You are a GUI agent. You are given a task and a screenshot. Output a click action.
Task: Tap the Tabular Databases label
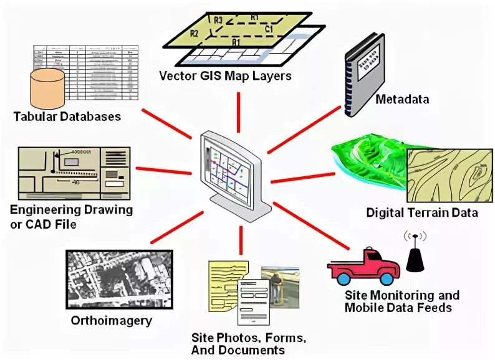67,116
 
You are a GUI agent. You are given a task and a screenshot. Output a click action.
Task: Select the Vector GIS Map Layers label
226,77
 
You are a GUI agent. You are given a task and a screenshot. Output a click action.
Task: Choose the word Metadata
403,100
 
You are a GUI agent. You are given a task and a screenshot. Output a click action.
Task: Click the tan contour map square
448,172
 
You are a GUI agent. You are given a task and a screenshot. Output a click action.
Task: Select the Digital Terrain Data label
422,213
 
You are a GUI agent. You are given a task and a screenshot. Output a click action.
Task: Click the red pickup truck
363,265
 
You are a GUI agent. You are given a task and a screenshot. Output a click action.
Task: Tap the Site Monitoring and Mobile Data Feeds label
401,301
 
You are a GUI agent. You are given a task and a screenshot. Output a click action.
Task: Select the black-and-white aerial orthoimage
118,279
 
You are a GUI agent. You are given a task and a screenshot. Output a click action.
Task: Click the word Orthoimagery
111,321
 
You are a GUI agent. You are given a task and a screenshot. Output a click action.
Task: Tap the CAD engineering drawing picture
74,172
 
